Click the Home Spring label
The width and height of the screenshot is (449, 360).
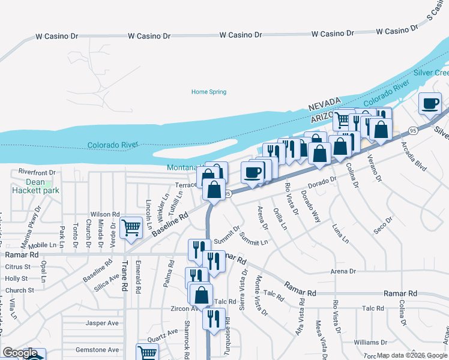tap(208, 92)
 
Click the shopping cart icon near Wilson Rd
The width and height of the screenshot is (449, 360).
tap(131, 228)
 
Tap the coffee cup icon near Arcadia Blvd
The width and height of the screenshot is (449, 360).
tap(429, 103)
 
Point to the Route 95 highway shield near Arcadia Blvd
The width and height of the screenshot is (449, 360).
tap(412, 130)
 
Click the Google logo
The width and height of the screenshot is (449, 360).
tap(20, 353)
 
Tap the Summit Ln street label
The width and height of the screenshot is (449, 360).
tap(253, 239)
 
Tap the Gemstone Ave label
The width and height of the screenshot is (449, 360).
tap(97, 350)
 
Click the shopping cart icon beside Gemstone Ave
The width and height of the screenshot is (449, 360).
tap(147, 352)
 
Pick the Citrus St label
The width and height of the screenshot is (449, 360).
tap(17, 266)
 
